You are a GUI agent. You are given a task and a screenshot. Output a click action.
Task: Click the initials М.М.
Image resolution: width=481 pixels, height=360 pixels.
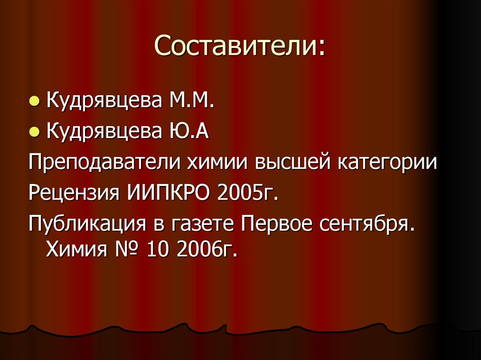[x=189, y=101]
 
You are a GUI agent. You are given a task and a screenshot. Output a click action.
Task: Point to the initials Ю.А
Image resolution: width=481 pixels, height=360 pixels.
[x=186, y=132]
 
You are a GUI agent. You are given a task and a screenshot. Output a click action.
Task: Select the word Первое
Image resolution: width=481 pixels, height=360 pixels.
[x=277, y=224]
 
